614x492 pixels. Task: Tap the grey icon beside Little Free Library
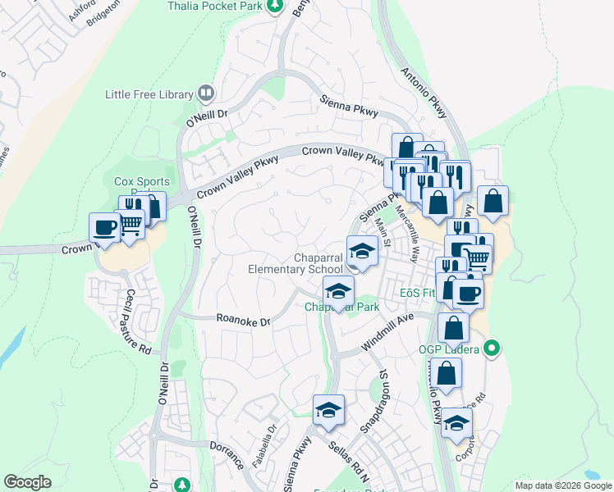206,94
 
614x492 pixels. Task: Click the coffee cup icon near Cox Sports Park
105,227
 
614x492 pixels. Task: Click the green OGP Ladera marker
492,349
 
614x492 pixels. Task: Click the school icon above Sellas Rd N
328,409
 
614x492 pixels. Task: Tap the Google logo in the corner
28,482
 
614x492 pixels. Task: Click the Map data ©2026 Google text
562,485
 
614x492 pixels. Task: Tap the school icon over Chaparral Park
337,290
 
